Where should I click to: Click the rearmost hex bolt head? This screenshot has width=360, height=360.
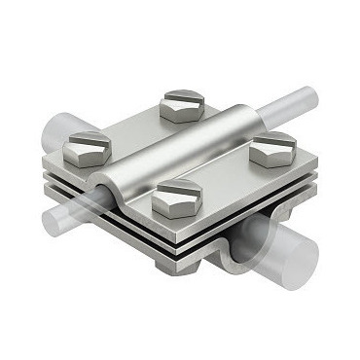182,104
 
